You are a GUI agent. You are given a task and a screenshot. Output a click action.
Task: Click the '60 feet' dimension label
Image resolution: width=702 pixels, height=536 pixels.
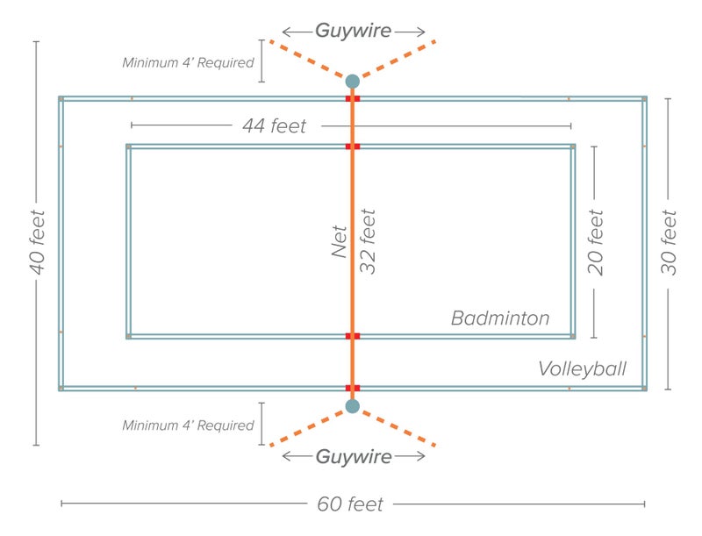tap(350, 504)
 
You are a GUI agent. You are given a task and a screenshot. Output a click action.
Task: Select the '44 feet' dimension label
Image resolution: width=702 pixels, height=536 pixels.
tap(275, 126)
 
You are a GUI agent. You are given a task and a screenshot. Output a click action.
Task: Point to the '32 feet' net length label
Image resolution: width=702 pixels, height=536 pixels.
tap(369, 241)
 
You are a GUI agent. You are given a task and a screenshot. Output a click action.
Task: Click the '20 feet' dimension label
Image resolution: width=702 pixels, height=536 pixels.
tap(596, 242)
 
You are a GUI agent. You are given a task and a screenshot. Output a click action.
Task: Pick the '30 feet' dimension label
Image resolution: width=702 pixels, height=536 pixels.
tap(670, 242)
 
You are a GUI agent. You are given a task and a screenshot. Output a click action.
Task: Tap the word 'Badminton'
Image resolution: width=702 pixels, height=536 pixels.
tap(500, 318)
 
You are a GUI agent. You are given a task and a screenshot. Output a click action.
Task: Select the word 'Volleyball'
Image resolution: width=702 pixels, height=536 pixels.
tap(583, 368)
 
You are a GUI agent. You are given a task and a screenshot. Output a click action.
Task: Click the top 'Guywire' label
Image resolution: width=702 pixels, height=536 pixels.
tap(353, 31)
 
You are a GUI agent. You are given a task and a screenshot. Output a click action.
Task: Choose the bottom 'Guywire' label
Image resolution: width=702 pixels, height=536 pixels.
tap(353, 456)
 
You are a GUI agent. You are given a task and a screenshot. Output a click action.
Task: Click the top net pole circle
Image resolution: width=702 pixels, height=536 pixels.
tap(353, 81)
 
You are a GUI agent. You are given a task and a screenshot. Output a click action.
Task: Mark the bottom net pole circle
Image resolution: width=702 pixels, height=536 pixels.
tap(353, 406)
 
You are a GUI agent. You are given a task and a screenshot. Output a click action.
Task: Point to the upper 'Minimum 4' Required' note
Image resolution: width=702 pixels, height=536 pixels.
tap(189, 63)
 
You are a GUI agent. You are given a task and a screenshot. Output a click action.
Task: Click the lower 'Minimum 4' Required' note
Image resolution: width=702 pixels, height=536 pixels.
tap(189, 425)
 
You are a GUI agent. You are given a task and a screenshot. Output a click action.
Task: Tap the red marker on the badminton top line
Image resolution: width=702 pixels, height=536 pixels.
tap(353, 147)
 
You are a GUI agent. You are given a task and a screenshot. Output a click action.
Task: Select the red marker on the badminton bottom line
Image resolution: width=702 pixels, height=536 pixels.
tap(353, 336)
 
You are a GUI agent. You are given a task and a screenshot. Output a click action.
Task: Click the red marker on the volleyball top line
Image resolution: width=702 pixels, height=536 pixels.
tap(353, 99)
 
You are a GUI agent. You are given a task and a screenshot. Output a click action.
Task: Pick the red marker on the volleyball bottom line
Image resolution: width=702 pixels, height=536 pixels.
tap(353, 388)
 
